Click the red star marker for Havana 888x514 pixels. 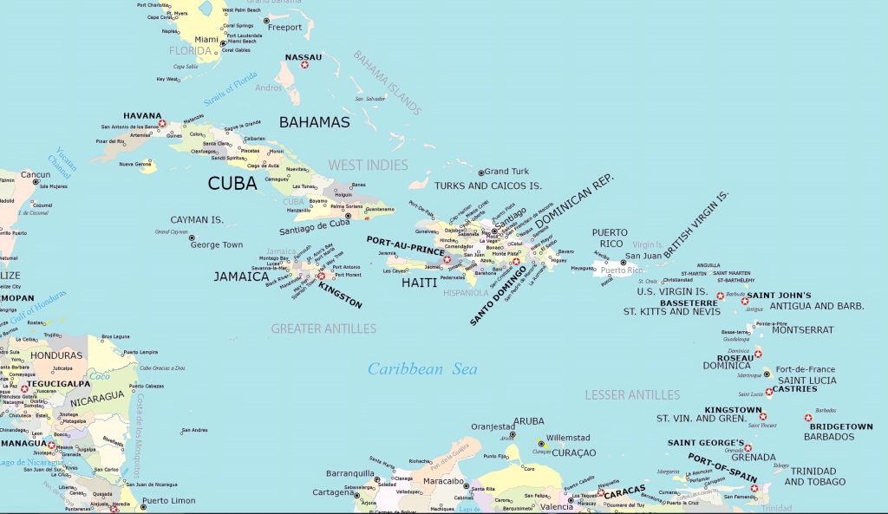click(162, 124)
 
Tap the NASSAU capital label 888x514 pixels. click(303, 58)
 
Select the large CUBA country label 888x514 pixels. click(232, 183)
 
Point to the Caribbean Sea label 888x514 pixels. click(422, 369)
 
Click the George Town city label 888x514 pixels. click(217, 245)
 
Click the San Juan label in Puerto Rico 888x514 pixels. click(643, 256)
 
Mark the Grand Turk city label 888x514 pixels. click(506, 172)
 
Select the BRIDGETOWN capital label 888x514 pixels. click(840, 426)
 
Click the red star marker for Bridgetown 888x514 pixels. click(808, 418)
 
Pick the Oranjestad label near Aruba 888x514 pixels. click(493, 426)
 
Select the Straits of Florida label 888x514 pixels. click(232, 89)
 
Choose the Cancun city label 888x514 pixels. click(36, 174)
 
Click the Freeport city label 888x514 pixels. click(284, 27)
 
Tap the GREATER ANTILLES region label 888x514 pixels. click(323, 329)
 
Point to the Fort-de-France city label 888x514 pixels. click(806, 369)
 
